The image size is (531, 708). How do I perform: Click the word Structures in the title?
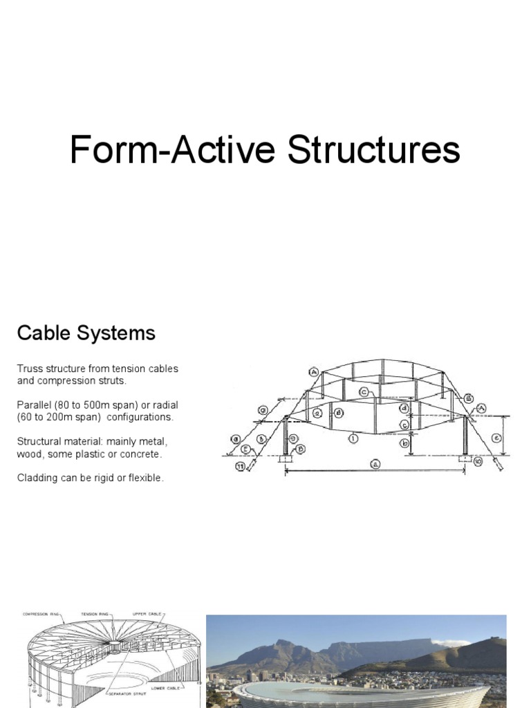(x=374, y=151)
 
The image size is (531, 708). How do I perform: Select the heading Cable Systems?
(x=86, y=334)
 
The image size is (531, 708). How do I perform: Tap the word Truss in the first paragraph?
(x=30, y=369)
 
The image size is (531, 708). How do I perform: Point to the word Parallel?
(x=35, y=404)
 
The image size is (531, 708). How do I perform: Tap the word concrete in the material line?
(x=141, y=454)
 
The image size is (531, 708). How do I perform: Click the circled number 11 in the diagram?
(x=240, y=468)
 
